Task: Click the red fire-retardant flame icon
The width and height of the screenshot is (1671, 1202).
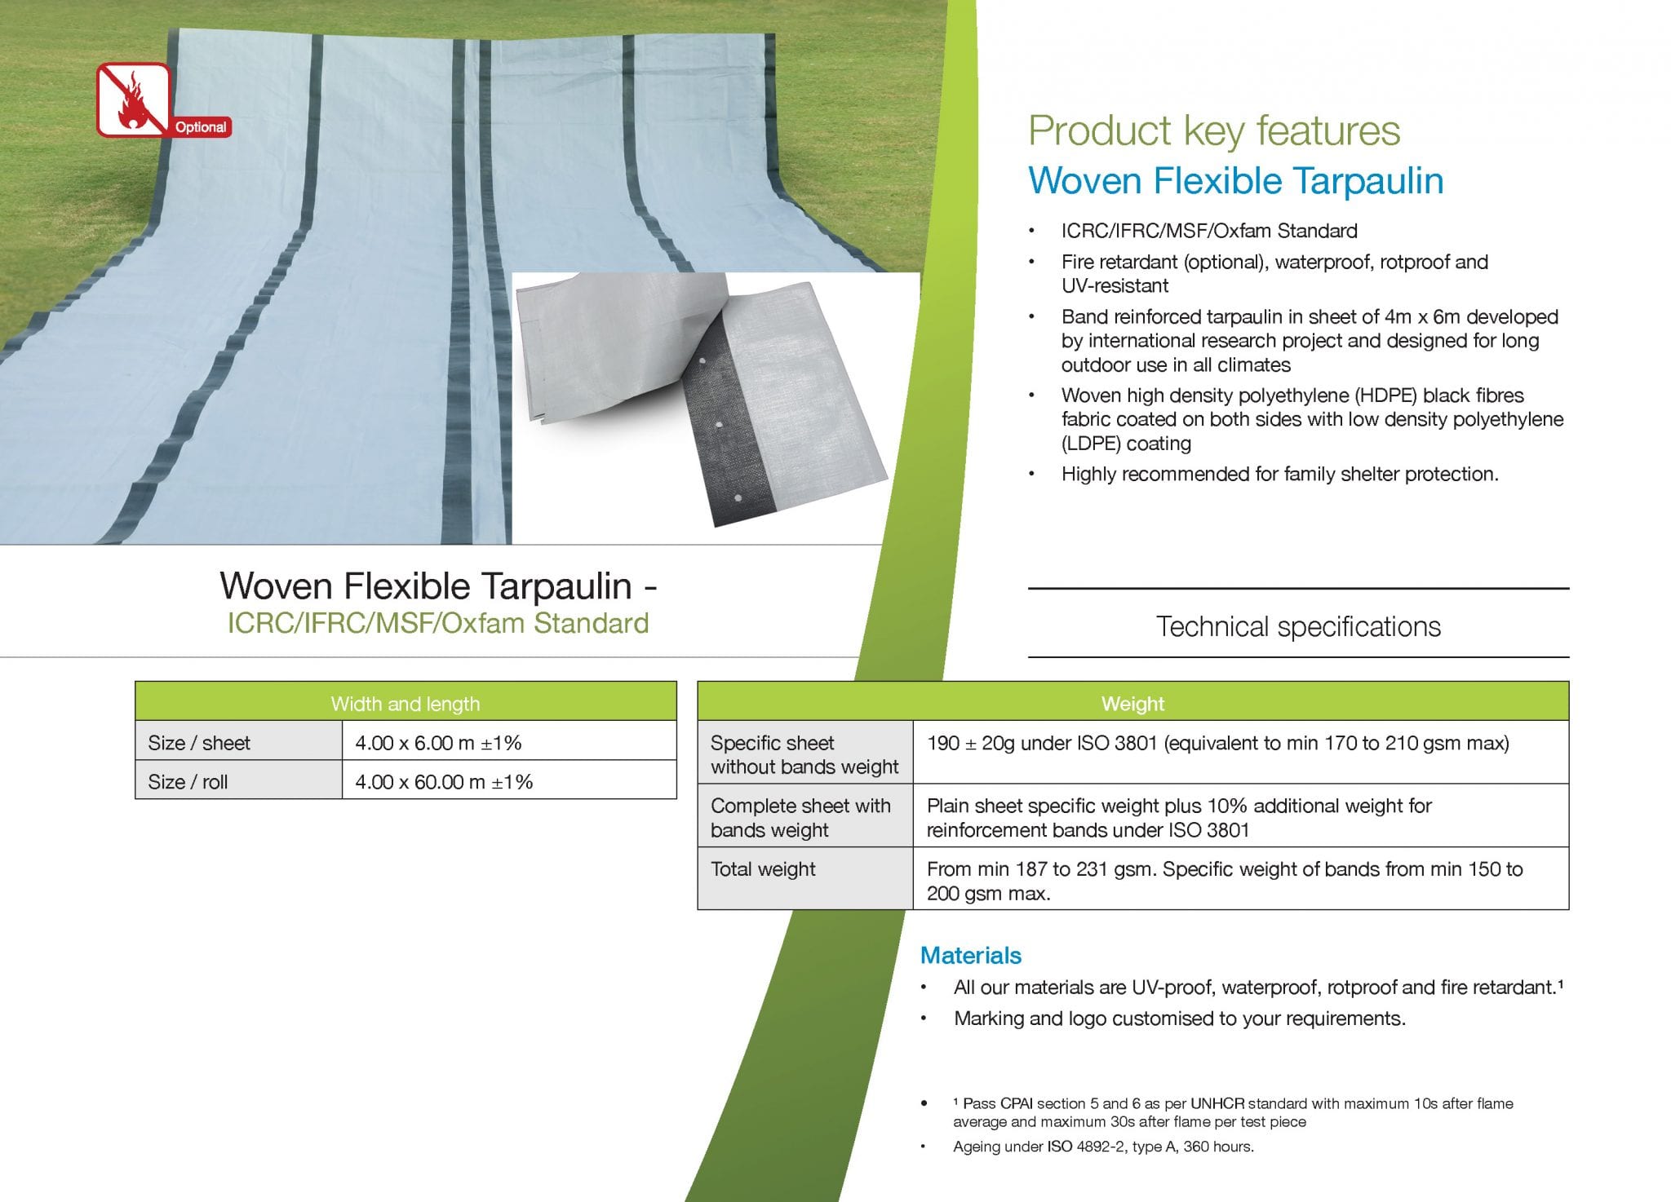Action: coord(134,99)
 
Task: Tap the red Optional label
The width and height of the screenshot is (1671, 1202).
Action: coord(201,127)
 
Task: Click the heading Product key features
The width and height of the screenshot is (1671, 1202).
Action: coord(1214,131)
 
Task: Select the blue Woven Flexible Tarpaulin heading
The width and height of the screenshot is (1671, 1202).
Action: coord(1235,181)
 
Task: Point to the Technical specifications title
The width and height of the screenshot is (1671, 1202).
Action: coord(1298,626)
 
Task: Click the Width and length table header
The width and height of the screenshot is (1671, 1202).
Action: coord(406,704)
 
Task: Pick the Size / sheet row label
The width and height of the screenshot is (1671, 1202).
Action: coord(199,743)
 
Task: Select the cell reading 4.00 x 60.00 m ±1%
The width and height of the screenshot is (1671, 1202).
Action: coord(444,782)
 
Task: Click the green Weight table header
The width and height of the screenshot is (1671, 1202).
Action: coord(1132,703)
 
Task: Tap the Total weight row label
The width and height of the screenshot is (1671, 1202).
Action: coord(763,869)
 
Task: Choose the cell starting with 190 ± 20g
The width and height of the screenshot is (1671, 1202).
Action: coord(1218,743)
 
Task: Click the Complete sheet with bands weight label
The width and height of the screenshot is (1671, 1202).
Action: coord(800,818)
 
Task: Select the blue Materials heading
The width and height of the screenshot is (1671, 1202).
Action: coord(971,955)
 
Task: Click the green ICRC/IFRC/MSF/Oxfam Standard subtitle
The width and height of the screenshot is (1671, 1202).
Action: coord(438,623)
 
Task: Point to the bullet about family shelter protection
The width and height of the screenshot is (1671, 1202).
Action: coord(1279,474)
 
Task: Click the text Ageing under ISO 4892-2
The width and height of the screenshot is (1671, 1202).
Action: coord(1102,1147)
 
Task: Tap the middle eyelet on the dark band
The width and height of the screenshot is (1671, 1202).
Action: coord(720,426)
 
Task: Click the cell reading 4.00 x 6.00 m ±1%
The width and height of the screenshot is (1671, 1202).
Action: coord(438,743)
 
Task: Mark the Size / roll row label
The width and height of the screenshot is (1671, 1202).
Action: coord(188,782)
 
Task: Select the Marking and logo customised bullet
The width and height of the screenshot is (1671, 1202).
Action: coord(1179,1019)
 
